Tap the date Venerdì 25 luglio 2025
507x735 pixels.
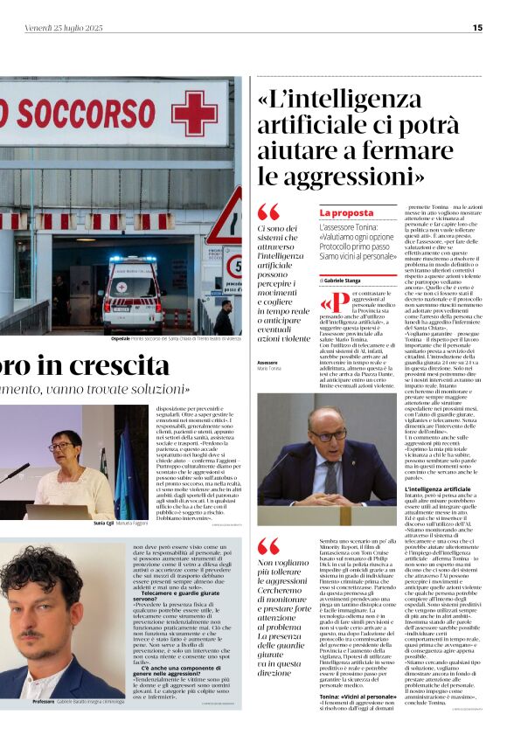(63, 28)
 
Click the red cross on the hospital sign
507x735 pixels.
(193, 114)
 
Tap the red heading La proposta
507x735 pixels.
(346, 212)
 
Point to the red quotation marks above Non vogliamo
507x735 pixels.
(268, 547)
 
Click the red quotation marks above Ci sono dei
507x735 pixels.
(268, 212)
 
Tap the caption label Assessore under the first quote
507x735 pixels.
(268, 362)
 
